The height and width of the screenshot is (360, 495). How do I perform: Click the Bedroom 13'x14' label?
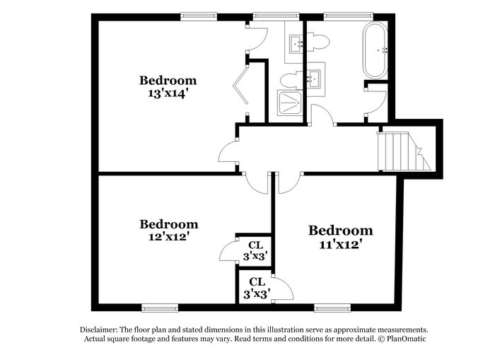[x=168, y=86]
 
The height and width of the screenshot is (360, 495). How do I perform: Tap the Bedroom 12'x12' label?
[x=169, y=230]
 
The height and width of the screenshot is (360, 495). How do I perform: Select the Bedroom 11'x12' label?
[x=340, y=237]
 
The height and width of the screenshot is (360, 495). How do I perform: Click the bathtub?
[x=375, y=50]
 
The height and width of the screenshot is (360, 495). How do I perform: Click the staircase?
[x=404, y=151]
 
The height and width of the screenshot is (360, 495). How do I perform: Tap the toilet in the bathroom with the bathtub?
[x=318, y=42]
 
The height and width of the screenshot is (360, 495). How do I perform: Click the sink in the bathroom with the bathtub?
[x=315, y=79]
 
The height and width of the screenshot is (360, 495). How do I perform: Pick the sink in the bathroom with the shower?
[x=297, y=43]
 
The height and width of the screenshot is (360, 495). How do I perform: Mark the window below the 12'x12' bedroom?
[x=160, y=308]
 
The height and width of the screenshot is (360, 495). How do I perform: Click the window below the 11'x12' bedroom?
[x=332, y=308]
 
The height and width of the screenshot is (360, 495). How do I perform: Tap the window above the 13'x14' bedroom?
[x=199, y=16]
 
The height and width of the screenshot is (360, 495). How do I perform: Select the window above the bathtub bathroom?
[x=349, y=16]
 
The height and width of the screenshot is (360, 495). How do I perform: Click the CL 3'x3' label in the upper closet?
[x=255, y=251]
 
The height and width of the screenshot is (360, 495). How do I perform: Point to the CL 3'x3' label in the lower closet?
[x=257, y=288]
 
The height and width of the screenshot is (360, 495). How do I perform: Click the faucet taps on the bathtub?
[x=385, y=50]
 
